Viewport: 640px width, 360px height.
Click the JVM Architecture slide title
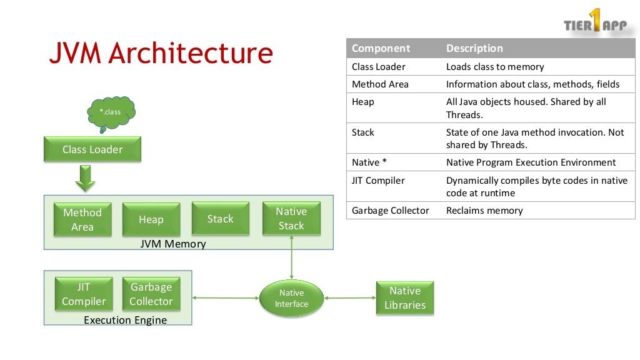tap(161, 53)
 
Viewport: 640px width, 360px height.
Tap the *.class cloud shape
tap(111, 112)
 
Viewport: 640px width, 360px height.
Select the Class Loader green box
tap(92, 149)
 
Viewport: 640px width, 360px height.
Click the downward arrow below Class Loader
tap(85, 178)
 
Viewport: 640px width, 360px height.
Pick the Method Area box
tap(82, 219)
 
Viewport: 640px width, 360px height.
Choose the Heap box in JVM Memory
tap(151, 219)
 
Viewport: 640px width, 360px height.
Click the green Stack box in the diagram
tap(220, 219)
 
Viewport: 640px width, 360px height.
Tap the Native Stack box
tap(291, 219)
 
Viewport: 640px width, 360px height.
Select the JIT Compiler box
tap(84, 294)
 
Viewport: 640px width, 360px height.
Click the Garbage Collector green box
tap(151, 294)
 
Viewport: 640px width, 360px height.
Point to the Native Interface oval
tap(291, 298)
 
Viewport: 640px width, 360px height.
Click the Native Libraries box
tap(405, 298)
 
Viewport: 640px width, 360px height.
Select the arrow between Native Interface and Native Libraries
tap(349, 298)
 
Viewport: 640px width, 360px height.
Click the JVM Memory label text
tap(173, 244)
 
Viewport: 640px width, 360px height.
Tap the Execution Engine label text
tap(125, 320)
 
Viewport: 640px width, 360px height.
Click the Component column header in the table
tap(381, 48)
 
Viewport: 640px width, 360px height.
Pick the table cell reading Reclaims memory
tap(484, 211)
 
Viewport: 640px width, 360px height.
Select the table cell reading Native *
tap(369, 162)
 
